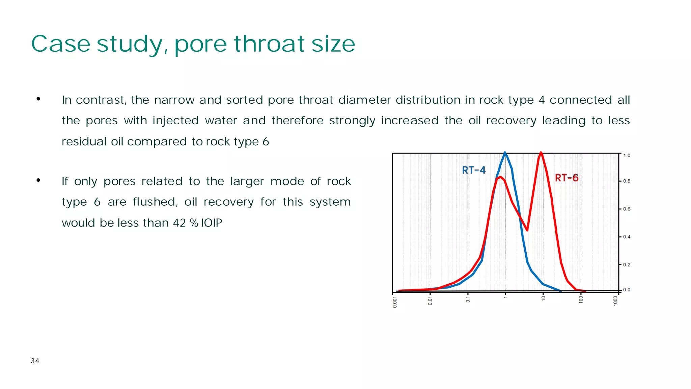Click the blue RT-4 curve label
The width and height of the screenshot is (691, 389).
coord(474,170)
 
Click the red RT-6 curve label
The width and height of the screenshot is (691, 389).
coord(566,178)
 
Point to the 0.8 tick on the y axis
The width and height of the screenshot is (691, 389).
coord(627,181)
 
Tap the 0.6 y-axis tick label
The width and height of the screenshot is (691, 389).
coord(627,209)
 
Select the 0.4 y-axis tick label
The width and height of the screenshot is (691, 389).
coord(627,237)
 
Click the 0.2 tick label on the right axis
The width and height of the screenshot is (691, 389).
coord(627,265)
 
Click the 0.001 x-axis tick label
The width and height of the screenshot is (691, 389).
coord(395,302)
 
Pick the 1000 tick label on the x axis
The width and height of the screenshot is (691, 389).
coord(615,301)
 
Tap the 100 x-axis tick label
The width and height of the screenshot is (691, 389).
coord(581,299)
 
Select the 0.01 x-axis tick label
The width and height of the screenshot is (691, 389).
coord(430,300)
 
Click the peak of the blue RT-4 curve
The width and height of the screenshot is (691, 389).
coord(505,153)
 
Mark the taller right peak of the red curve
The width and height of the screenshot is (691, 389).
coord(541,153)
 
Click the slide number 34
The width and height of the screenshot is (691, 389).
coord(35,361)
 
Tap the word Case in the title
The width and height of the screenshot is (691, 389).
coord(61,44)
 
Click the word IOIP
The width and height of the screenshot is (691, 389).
coord(212,223)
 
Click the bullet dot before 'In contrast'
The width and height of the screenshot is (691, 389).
coord(38,99)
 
